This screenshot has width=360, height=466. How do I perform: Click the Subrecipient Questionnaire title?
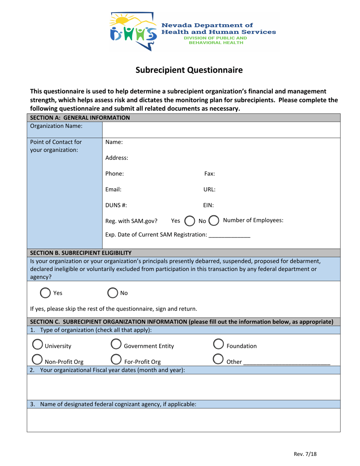pyautogui.click(x=189, y=70)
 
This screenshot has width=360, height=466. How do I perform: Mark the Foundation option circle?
pyautogui.click(x=218, y=346)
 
